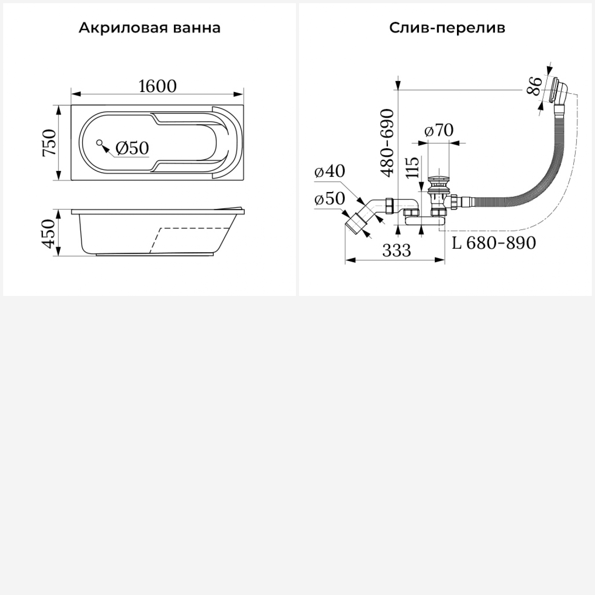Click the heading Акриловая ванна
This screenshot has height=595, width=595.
[150, 28]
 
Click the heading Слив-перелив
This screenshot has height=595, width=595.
[447, 28]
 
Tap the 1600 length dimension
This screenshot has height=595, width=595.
[157, 86]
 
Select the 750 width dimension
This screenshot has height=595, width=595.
[50, 143]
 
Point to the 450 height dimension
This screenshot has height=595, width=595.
[50, 234]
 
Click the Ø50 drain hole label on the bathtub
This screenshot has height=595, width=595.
[132, 148]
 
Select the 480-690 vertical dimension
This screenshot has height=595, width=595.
[387, 142]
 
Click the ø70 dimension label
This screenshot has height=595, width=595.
[439, 130]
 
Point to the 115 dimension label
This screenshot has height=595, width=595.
[413, 167]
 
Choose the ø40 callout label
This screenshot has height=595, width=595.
[330, 171]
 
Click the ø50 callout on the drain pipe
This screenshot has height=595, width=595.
[330, 199]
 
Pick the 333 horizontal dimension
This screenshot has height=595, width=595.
[397, 250]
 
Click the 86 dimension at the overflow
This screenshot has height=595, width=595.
[535, 86]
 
